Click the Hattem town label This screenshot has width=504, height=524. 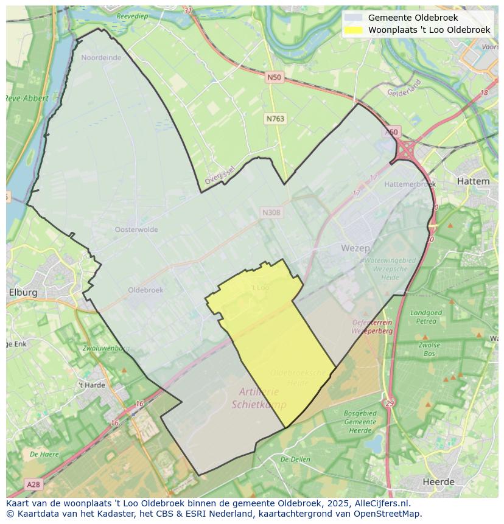(x=472, y=181)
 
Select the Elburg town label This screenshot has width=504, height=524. (x=23, y=292)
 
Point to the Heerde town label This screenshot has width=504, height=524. (x=438, y=482)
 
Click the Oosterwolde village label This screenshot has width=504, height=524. (x=136, y=229)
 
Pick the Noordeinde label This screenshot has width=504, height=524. (x=101, y=58)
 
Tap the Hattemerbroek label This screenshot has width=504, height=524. (x=410, y=184)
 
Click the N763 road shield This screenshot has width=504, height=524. (x=275, y=119)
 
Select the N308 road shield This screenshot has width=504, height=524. (x=271, y=212)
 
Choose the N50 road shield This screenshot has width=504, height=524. (x=275, y=77)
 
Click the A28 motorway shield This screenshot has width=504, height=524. (x=33, y=484)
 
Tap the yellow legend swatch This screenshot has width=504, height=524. (x=353, y=30)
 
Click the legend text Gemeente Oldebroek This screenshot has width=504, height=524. (x=413, y=18)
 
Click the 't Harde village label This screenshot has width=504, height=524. (x=91, y=385)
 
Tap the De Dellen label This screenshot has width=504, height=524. (x=296, y=459)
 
